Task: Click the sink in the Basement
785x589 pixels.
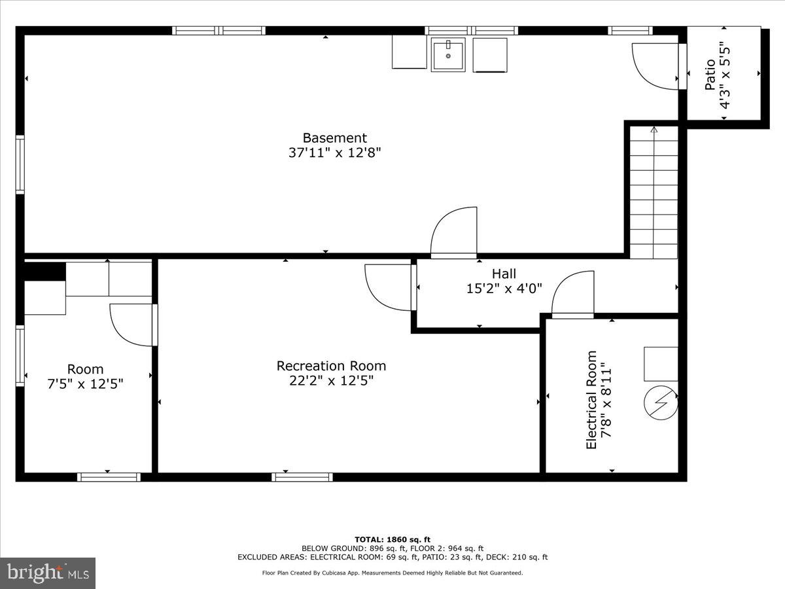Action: [x=448, y=54]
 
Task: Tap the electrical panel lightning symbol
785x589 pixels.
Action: [x=661, y=403]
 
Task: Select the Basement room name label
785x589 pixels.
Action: [x=334, y=138]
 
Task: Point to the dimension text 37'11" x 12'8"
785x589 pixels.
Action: [x=334, y=153]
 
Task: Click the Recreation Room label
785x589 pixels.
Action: [x=331, y=366]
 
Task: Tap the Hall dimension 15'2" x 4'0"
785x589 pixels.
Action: [x=504, y=289]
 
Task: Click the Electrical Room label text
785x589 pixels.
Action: [x=591, y=400]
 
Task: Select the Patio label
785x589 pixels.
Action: [x=710, y=74]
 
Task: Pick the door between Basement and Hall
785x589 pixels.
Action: [x=455, y=232]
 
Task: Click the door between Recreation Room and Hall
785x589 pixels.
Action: [x=389, y=287]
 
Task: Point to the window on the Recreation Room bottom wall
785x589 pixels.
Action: [x=302, y=477]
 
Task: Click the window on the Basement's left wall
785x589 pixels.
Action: [x=20, y=164]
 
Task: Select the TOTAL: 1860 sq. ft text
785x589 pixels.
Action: [x=392, y=539]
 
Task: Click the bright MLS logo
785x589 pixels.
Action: [x=48, y=573]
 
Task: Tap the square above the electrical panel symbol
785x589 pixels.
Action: [x=661, y=364]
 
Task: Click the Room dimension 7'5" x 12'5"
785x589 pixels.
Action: [x=85, y=384]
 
